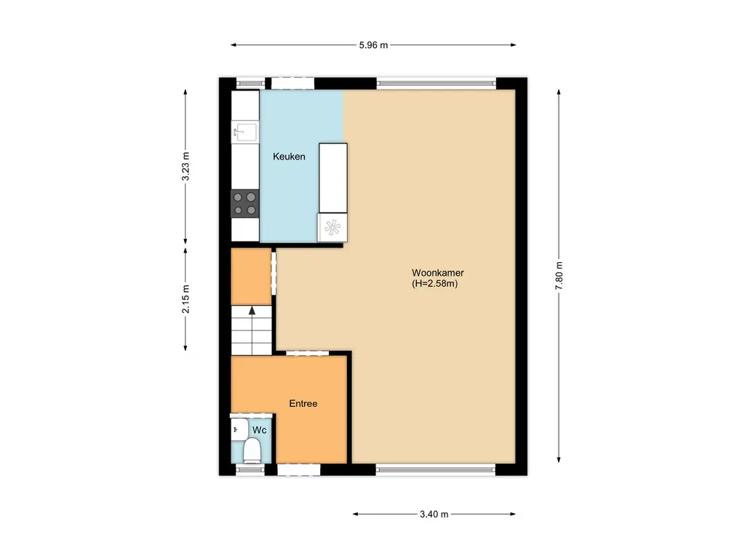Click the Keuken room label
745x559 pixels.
(x=289, y=156)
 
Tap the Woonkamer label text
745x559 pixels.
(x=437, y=273)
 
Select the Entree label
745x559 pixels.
(x=303, y=403)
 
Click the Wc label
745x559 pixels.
(x=259, y=430)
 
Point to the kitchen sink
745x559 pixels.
(x=244, y=132)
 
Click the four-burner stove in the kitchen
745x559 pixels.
(x=245, y=203)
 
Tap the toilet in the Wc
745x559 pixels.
(x=252, y=451)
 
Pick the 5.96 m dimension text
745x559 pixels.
(x=373, y=44)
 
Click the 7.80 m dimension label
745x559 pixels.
(x=559, y=276)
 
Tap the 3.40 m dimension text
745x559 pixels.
(x=434, y=514)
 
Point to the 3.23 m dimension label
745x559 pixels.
(x=186, y=167)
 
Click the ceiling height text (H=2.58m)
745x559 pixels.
(x=434, y=284)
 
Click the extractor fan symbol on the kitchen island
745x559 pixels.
(x=332, y=228)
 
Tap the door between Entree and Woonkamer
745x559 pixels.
(x=306, y=354)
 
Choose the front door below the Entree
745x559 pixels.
(x=299, y=469)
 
